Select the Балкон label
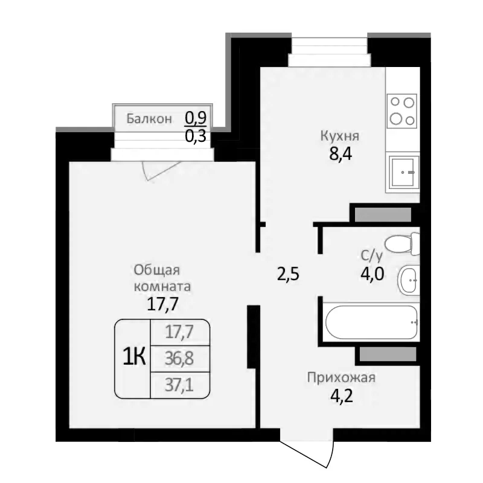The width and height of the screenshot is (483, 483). point(149,119)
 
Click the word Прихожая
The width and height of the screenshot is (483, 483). point(341,379)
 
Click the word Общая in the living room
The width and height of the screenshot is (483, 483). point(158,270)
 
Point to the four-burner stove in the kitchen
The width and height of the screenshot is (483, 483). point(402,110)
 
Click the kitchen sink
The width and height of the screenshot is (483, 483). point(403,173)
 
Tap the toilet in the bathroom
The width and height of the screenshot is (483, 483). point(402,244)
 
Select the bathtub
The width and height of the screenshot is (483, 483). point(370,321)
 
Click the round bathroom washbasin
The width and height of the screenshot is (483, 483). point(409,280)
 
